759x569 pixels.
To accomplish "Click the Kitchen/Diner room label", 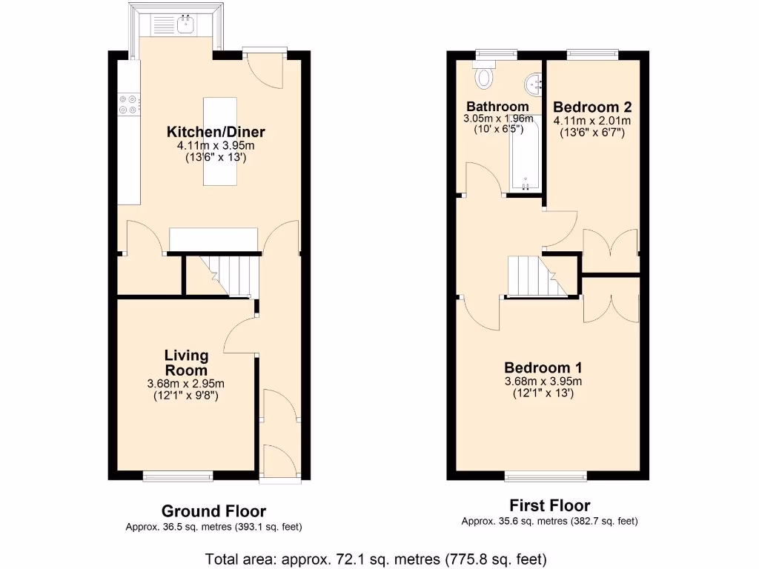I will click(216, 132).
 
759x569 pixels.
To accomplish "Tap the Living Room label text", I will click(186, 363).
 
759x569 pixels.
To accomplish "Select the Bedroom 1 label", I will click(543, 367).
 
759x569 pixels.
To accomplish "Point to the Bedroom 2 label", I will click(591, 106).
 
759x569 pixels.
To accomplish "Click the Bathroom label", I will click(497, 106).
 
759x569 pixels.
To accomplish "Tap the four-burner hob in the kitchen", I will click(127, 104).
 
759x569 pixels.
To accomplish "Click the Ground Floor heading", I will click(213, 511).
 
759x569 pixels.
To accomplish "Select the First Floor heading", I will click(549, 506).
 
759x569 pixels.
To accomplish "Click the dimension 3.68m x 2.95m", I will click(186, 384).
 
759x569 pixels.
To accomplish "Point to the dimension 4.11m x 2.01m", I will click(591, 122).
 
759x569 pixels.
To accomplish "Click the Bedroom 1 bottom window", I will click(546, 476).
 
